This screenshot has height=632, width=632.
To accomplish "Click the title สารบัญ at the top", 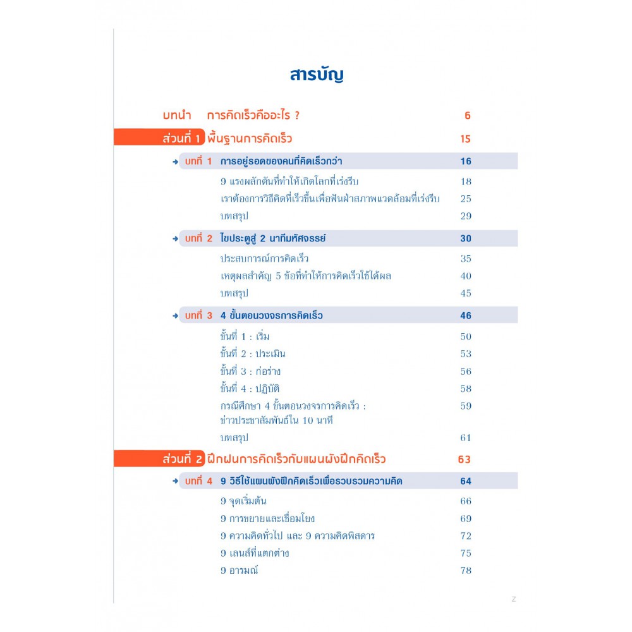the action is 317,75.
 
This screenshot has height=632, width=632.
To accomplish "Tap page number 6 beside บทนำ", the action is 467,116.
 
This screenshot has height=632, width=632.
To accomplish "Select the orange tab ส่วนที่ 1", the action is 160,137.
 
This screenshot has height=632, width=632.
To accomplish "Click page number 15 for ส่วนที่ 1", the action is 466,139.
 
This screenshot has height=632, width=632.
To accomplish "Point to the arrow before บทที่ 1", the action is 175,162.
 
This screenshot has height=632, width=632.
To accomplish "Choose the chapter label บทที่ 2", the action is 198,238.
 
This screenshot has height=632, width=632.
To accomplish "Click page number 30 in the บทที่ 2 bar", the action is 466,238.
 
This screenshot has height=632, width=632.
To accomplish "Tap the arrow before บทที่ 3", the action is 175,316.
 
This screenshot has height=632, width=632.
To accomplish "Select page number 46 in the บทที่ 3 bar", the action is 466,315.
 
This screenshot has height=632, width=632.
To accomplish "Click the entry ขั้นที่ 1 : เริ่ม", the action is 245,336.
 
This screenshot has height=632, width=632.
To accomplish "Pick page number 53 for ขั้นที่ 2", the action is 466,354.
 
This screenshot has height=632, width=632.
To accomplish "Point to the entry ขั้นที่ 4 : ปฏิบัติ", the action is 250,389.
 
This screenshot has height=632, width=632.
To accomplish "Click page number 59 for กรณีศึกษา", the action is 466,406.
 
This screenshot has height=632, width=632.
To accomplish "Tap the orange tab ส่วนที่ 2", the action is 160,459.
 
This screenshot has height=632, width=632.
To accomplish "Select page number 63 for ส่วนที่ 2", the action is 465,459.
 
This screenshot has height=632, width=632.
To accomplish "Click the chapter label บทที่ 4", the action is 198,481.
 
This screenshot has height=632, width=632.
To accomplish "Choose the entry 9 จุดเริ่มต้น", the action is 243,501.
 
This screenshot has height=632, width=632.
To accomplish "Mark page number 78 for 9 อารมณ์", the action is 466,570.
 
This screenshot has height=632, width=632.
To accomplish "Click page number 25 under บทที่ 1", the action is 466,198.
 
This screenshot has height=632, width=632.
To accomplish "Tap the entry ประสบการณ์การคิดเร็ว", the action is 264,258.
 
